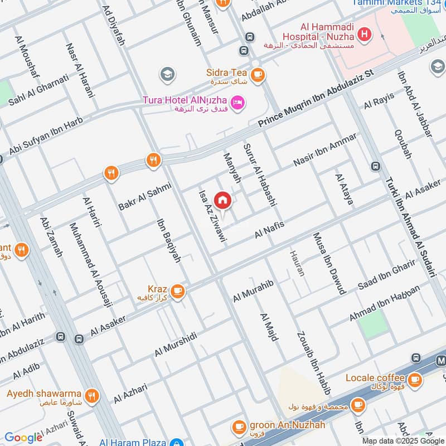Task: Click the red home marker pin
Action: click(x=222, y=200)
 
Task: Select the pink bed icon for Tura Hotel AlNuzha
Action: click(x=237, y=103)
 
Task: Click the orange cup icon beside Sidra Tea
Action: click(x=257, y=75)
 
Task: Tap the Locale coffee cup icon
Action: click(x=414, y=380)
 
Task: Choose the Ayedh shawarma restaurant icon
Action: click(x=93, y=396)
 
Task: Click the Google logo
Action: click(x=23, y=438)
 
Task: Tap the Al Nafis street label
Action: click(x=269, y=230)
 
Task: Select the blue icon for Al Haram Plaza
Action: click(x=177, y=442)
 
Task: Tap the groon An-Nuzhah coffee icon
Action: click(x=239, y=426)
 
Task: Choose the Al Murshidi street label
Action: click(x=176, y=344)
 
